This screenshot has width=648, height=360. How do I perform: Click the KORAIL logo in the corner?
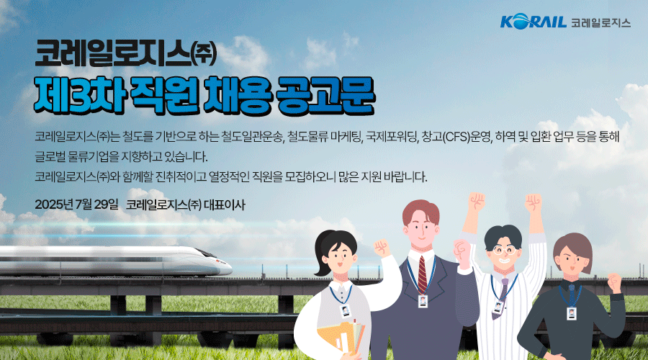tap(533, 21)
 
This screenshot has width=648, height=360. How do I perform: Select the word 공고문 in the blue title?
tap(325, 96)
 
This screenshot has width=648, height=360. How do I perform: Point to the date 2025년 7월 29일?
tap(76, 204)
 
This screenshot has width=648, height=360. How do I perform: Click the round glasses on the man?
tap(504, 250)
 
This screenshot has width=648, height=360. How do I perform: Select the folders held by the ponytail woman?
tap(342, 338)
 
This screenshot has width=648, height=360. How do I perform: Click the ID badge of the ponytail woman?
tap(345, 311)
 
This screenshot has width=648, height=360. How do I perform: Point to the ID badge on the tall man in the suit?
tap(423, 301)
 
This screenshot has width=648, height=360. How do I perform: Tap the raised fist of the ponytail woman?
tap(382, 248)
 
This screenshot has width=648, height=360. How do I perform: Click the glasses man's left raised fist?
tap(476, 202)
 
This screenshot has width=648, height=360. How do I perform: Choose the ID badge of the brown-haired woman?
tap(571, 313)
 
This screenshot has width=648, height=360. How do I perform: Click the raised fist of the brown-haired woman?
tap(615, 282)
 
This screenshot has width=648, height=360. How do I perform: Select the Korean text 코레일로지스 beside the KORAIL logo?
tap(600, 22)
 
